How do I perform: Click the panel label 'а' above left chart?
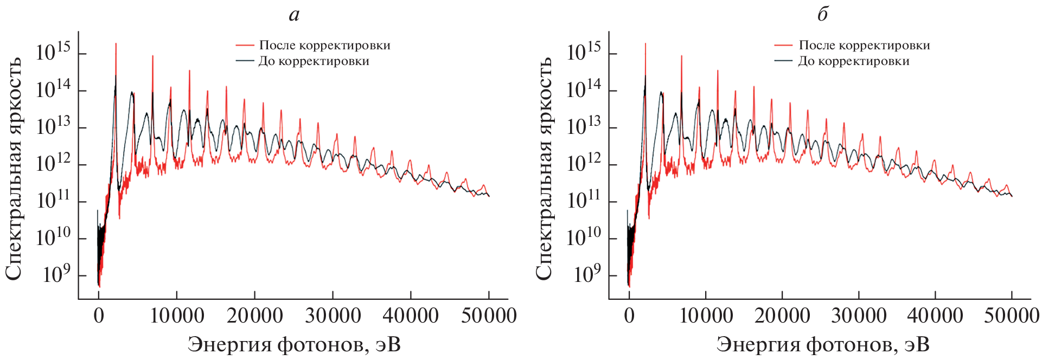click(294, 15)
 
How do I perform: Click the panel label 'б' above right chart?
click(822, 15)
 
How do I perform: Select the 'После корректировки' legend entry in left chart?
click(324, 46)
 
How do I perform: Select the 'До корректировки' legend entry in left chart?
click(314, 61)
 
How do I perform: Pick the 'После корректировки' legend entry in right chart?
click(864, 46)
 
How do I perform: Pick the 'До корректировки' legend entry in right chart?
click(853, 61)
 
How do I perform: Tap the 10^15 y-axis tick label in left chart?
click(53, 52)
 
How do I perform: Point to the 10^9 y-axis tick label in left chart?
click(56, 274)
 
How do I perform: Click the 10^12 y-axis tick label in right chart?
click(584, 163)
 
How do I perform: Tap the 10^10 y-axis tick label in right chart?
click(584, 237)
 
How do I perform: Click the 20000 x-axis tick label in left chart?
click(254, 316)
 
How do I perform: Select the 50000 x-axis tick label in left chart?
click(489, 316)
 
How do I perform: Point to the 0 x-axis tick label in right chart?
click(629, 316)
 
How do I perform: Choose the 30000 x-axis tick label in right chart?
click(859, 316)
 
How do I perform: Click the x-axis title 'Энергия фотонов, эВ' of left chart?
click(294, 344)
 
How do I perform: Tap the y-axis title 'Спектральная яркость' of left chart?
click(14, 168)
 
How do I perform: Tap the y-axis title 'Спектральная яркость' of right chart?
click(544, 168)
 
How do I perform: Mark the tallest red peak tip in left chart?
click(116, 44)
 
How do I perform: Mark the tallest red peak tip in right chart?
click(645, 44)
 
